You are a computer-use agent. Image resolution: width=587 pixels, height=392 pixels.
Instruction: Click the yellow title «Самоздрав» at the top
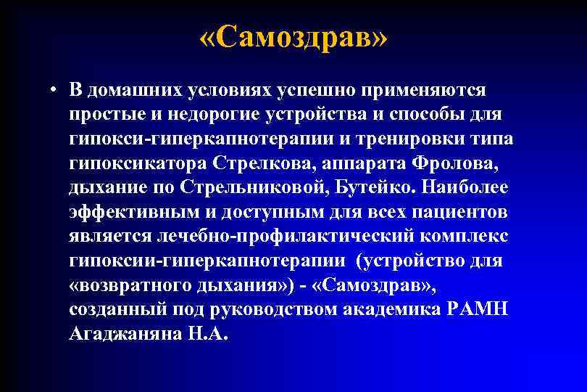tap(293, 36)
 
